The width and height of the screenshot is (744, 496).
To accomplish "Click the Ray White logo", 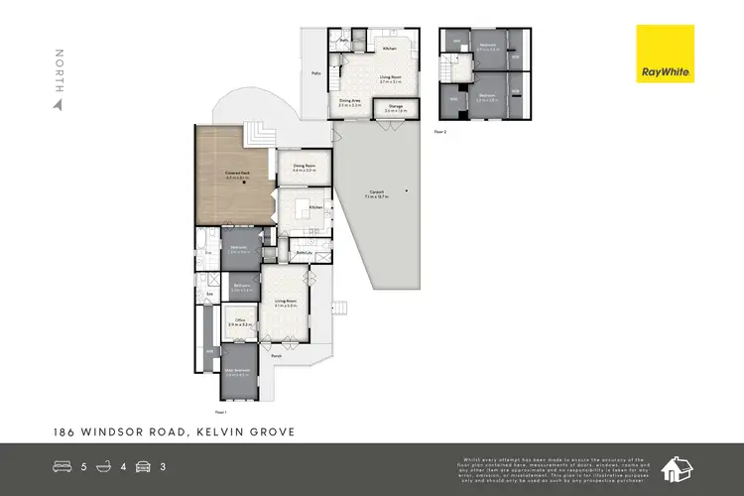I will pos(667,56).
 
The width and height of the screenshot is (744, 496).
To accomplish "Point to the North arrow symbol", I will pos(59,102).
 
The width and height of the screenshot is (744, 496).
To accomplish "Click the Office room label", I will pos(239,321).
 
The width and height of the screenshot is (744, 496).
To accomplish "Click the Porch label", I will pos(291,356).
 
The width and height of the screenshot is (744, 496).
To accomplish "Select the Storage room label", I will pos(394,108).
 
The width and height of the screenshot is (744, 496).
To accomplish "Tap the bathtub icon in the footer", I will pos(107,466).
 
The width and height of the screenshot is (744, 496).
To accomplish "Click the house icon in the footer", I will pos(680,467).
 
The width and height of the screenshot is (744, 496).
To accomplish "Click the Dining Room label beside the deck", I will pos(304,169).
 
